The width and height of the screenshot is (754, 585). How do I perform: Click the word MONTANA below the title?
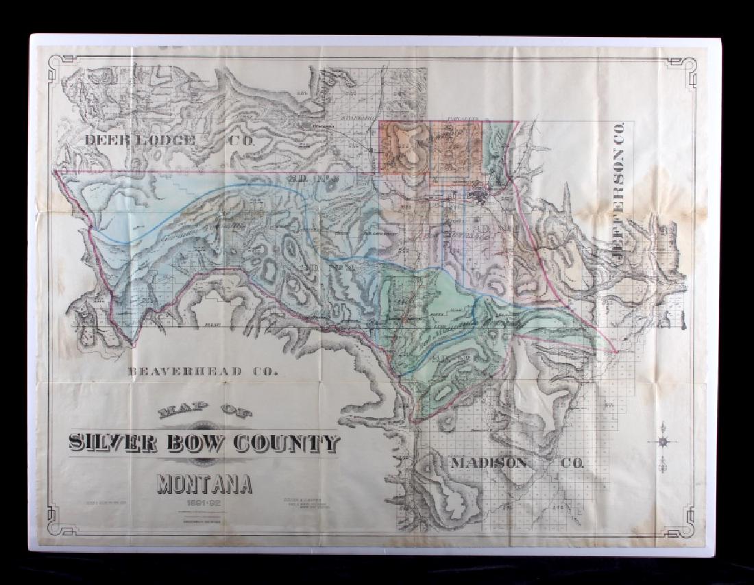205,484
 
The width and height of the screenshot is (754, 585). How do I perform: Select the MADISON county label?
489,463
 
